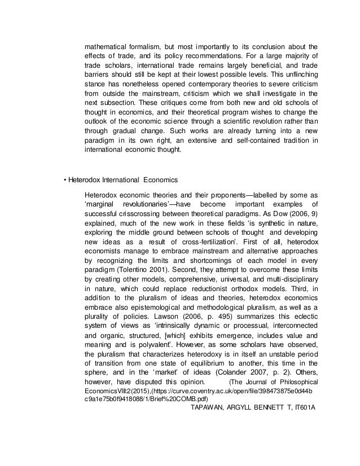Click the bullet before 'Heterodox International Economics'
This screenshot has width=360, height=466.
tap(65, 180)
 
